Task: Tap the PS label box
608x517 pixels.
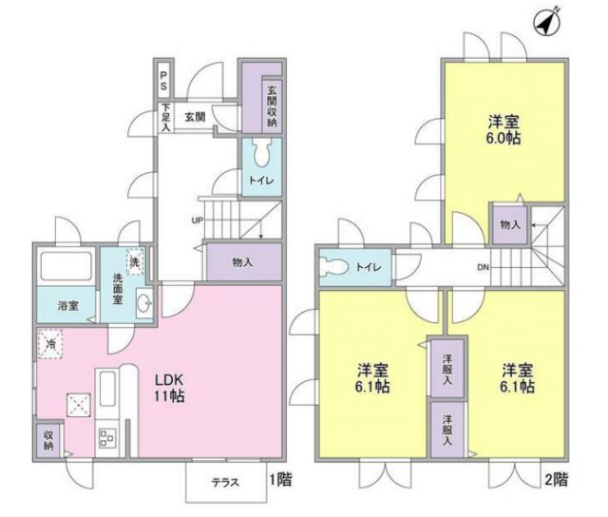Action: (163, 80)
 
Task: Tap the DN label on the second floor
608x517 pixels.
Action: (484, 266)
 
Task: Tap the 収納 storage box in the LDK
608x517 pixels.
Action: (47, 439)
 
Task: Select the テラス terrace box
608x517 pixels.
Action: (226, 483)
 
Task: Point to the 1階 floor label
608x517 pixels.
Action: (279, 482)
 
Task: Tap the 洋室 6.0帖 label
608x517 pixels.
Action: (503, 129)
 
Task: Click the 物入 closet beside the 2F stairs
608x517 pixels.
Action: (508, 224)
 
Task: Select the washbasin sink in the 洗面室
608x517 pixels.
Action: (144, 303)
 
